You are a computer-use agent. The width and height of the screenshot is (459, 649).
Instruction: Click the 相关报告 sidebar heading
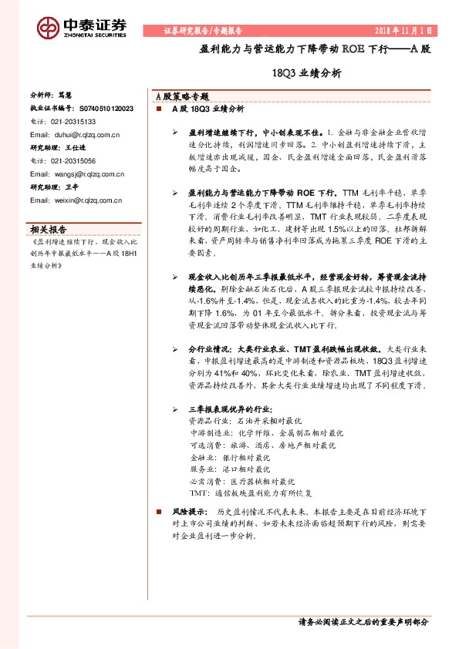click(48, 228)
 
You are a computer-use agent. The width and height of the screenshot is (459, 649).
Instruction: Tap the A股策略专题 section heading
click(181, 97)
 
